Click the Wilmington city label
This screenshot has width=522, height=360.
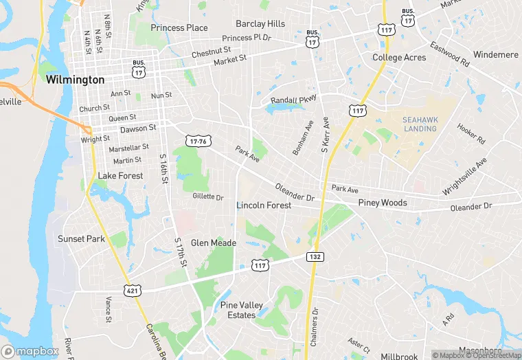click(x=76, y=80)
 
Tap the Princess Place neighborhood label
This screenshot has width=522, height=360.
click(x=179, y=27)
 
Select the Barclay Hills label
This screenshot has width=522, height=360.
click(x=260, y=23)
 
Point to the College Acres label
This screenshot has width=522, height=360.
click(x=399, y=58)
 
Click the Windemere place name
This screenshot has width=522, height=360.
click(x=496, y=54)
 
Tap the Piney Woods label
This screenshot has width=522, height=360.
click(x=383, y=203)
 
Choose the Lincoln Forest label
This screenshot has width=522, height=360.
click(x=264, y=205)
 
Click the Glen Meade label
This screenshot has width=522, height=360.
click(x=214, y=243)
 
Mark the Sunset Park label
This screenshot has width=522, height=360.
click(x=81, y=239)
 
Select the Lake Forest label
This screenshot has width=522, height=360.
click(x=120, y=176)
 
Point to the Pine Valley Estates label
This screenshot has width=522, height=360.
click(x=238, y=310)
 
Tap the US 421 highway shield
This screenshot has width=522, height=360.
click(x=132, y=291)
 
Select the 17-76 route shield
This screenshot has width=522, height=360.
click(x=197, y=141)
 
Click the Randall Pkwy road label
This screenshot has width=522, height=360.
click(x=293, y=100)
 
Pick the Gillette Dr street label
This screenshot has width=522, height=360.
click(x=208, y=197)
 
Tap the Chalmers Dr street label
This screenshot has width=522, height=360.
click(x=315, y=322)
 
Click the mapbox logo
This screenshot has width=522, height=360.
click(x=30, y=351)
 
